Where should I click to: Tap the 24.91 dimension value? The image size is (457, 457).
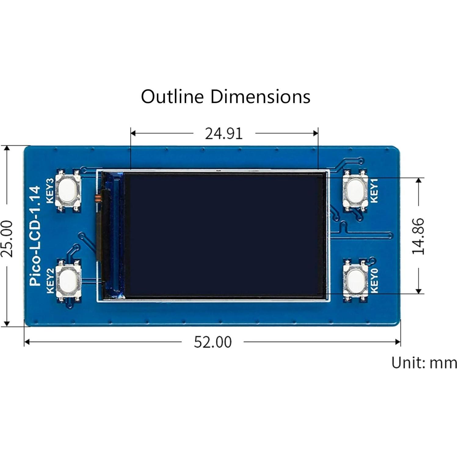click(224, 134)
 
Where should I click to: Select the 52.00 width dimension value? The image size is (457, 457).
click(213, 342)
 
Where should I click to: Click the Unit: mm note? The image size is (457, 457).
click(424, 363)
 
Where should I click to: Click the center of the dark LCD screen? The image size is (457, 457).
click(224, 235)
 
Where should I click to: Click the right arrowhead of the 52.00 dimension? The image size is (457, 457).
click(398, 342)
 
